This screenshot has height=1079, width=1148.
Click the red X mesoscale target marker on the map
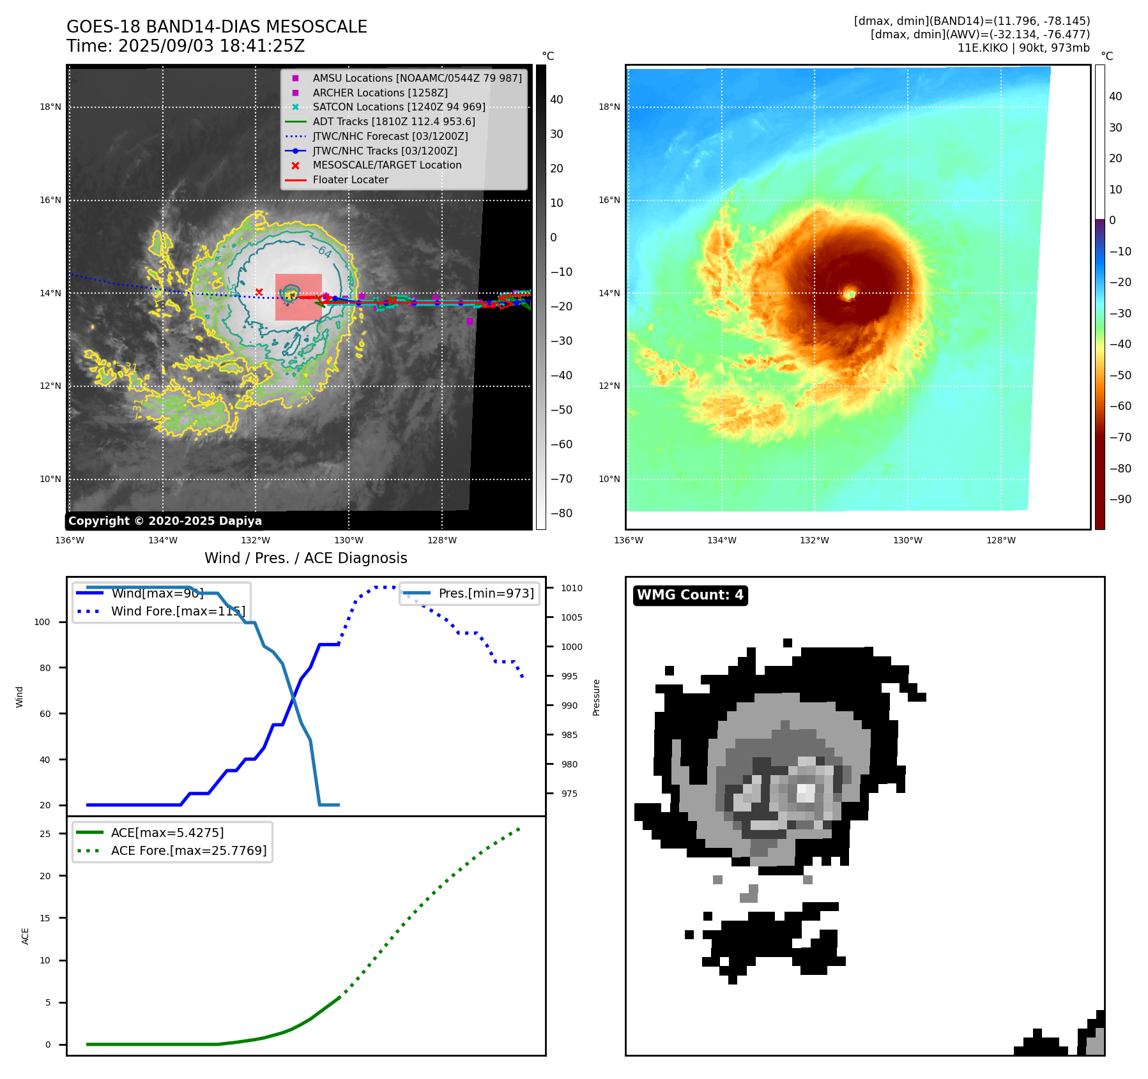[259, 292]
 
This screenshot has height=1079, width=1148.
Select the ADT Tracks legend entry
[394, 121]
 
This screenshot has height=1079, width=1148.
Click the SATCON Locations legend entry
[399, 107]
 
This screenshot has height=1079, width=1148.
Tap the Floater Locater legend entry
[350, 179]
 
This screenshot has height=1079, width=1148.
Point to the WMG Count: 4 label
[690, 595]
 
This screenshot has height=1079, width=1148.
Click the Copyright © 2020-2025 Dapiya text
[165, 521]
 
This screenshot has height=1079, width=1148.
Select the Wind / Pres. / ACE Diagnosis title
[305, 558]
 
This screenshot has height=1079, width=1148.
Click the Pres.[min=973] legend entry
[486, 593]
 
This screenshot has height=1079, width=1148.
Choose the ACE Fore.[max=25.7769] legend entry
[188, 850]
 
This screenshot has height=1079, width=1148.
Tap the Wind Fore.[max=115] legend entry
[178, 611]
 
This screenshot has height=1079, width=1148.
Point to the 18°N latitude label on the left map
[50, 107]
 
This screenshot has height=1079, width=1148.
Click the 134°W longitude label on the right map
[721, 540]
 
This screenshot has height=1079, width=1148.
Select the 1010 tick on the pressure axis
[572, 588]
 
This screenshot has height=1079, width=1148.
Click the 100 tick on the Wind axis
[42, 622]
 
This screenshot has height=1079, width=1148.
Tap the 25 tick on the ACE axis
[45, 834]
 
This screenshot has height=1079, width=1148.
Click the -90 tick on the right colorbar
[1120, 499]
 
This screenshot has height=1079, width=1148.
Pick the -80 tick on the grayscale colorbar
[562, 513]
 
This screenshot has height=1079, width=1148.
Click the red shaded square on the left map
[298, 298]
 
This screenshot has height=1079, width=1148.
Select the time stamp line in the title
[185, 46]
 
